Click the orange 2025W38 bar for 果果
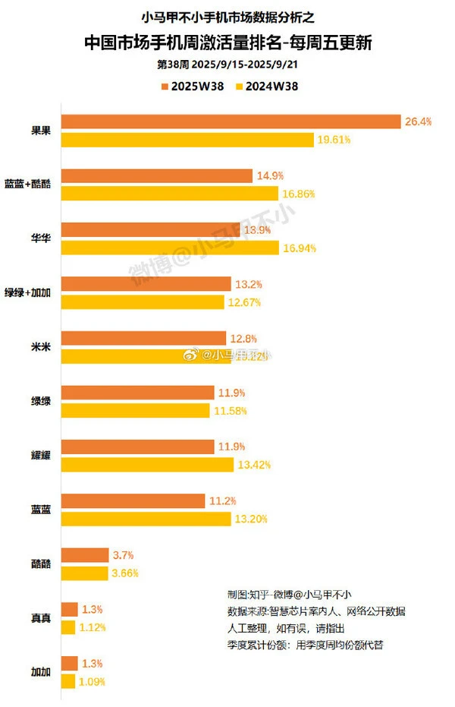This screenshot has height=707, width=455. pyautogui.click(x=231, y=122)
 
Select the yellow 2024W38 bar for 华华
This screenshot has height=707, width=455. pyautogui.click(x=169, y=248)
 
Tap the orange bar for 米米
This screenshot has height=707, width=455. pyautogui.click(x=143, y=338)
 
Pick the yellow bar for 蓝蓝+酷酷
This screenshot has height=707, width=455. pyautogui.click(x=169, y=194)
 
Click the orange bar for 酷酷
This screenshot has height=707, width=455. pyautogui.click(x=84, y=555)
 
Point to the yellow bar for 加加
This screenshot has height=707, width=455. pyautogui.click(x=67, y=681)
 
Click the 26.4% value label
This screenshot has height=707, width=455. pyautogui.click(x=419, y=122)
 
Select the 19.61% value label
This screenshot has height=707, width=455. pyautogui.click(x=334, y=140)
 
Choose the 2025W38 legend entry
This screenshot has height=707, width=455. pyautogui.click(x=190, y=86)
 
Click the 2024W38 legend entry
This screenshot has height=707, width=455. pyautogui.click(x=268, y=86)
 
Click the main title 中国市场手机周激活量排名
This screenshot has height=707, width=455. pyautogui.click(x=227, y=43)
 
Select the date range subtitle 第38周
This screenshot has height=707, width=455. pyautogui.click(x=227, y=65)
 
